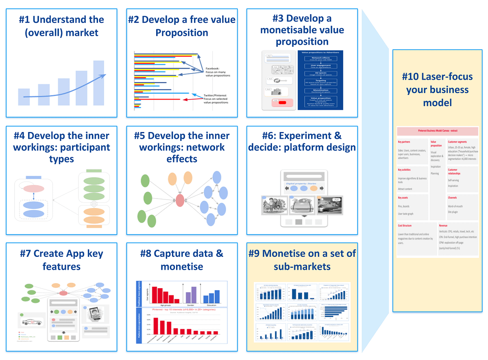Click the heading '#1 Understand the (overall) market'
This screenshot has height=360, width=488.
pos(61,26)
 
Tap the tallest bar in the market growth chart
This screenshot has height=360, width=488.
pos(98,82)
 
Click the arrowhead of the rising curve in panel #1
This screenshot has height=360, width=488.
pos(104,75)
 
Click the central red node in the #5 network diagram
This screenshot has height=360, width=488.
pos(180,200)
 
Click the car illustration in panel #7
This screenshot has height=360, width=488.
pos(31,323)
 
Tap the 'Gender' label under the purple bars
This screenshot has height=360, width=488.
pos(191,306)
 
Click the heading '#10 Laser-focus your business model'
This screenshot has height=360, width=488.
pos(435,89)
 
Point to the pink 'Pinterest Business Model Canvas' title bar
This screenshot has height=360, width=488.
pos(437,131)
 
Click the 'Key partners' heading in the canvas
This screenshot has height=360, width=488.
pos(406,142)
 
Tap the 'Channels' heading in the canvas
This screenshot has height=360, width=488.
pos(452,198)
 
